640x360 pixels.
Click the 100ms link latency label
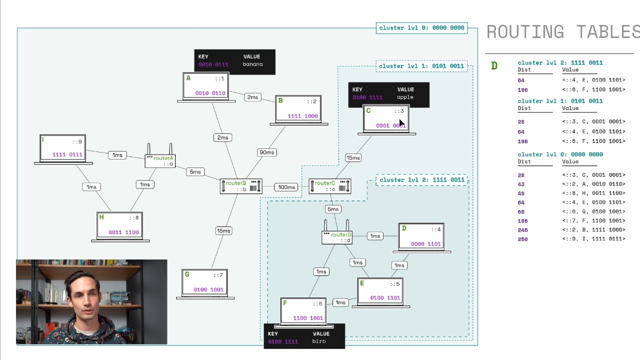click(x=286, y=187)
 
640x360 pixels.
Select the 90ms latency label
click(x=266, y=152)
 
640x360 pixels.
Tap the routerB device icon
click(x=240, y=186)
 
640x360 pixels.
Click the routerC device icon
click(x=329, y=186)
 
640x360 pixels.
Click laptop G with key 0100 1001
click(x=205, y=284)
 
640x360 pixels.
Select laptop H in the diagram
click(x=120, y=226)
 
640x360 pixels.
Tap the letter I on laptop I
click(x=43, y=140)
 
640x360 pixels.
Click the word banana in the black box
click(x=252, y=64)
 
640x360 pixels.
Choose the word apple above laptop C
click(x=405, y=97)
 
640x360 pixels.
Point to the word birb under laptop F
click(x=319, y=341)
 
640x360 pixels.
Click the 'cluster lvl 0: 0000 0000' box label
click(x=421, y=28)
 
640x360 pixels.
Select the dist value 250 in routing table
click(x=522, y=239)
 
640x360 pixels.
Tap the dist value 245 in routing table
click(x=522, y=230)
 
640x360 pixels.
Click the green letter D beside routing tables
click(x=494, y=66)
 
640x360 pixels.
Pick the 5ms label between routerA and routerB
click(x=195, y=172)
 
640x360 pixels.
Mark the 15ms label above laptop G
click(x=223, y=230)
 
